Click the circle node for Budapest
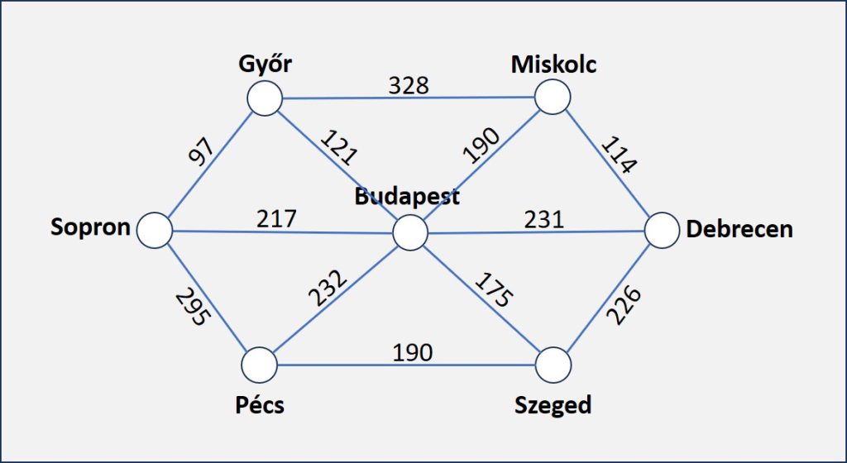point(409,232)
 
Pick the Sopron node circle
point(153,230)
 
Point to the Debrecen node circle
point(662,230)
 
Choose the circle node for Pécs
point(259,364)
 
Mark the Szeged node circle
point(553,364)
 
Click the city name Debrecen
point(739,229)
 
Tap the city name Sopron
point(91,227)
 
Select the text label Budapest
point(407,197)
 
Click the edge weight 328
point(409,85)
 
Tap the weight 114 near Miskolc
point(618,155)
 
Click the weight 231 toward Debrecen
point(543,219)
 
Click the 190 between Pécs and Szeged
point(412,352)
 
